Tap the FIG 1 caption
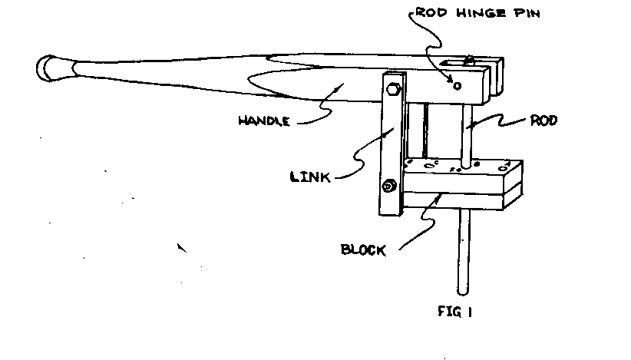455,312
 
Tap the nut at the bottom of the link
389,185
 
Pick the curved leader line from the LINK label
361,157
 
